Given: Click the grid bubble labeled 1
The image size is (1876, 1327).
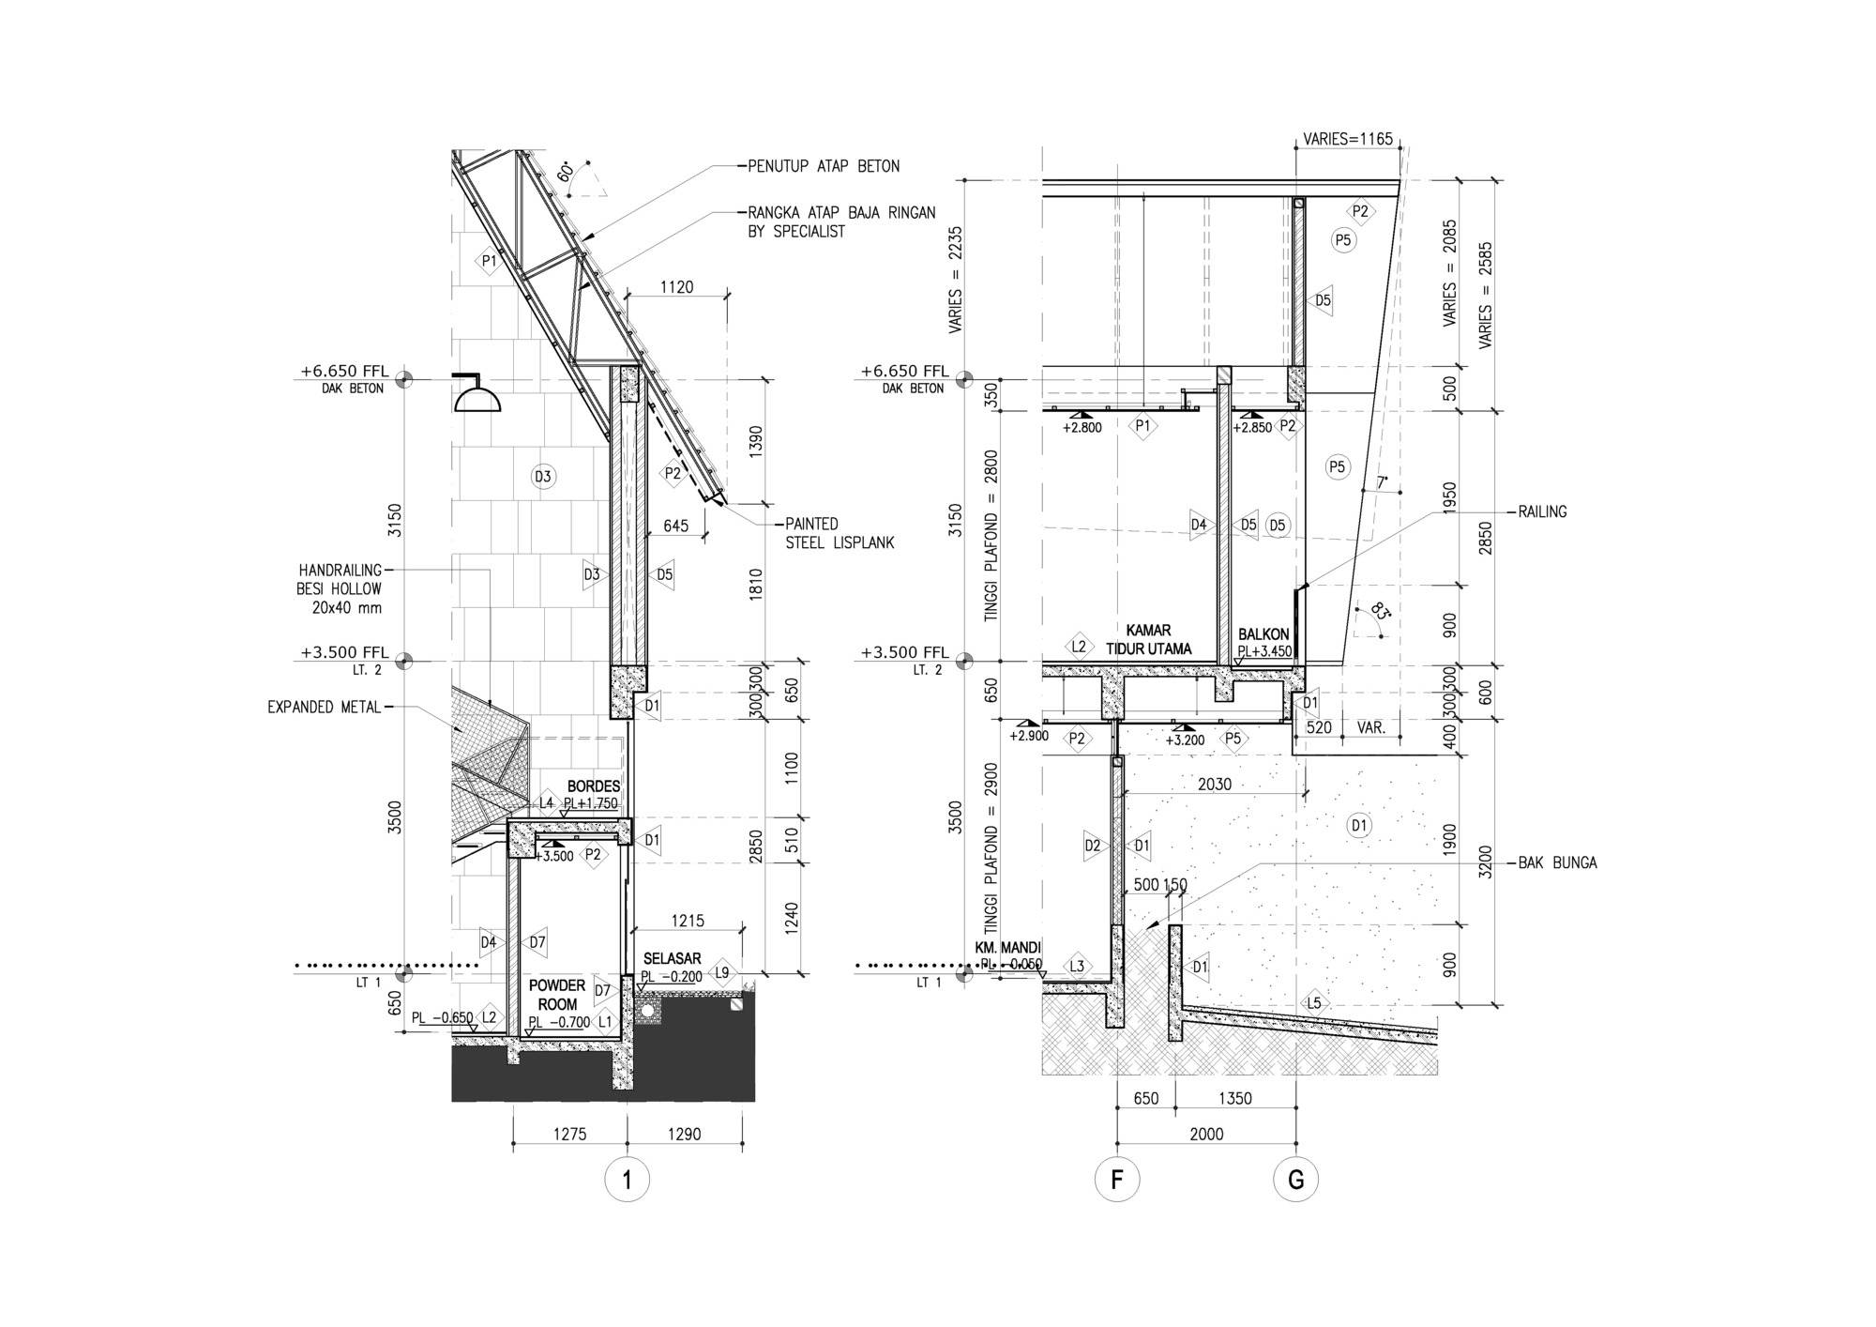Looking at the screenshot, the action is tap(628, 1180).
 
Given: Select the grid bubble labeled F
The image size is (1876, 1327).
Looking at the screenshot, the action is tap(1117, 1180).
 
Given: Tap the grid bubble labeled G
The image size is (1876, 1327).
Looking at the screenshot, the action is tap(1296, 1180).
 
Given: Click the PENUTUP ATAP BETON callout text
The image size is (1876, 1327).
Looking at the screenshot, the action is tap(824, 166).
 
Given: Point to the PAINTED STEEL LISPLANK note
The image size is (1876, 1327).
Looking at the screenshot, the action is tap(840, 533).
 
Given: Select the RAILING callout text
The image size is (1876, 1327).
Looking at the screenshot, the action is tap(1542, 511).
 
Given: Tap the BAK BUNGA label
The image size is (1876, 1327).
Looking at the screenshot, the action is tap(1557, 862).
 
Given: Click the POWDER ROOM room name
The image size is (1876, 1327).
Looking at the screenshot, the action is tap(557, 995).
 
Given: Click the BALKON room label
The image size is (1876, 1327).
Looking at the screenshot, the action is tap(1263, 634).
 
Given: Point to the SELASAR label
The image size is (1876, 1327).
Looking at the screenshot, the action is tap(673, 958).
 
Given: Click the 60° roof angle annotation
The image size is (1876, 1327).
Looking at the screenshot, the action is tap(566, 173).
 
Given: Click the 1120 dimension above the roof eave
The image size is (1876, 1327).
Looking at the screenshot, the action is tap(676, 286).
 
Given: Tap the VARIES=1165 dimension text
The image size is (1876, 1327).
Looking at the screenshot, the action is tap(1348, 140).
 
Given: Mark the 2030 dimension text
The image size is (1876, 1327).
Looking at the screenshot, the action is tap(1215, 784).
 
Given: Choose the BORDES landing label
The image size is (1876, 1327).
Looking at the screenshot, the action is tap(593, 786).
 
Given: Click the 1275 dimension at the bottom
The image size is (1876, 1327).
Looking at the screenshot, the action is tap(569, 1134).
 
